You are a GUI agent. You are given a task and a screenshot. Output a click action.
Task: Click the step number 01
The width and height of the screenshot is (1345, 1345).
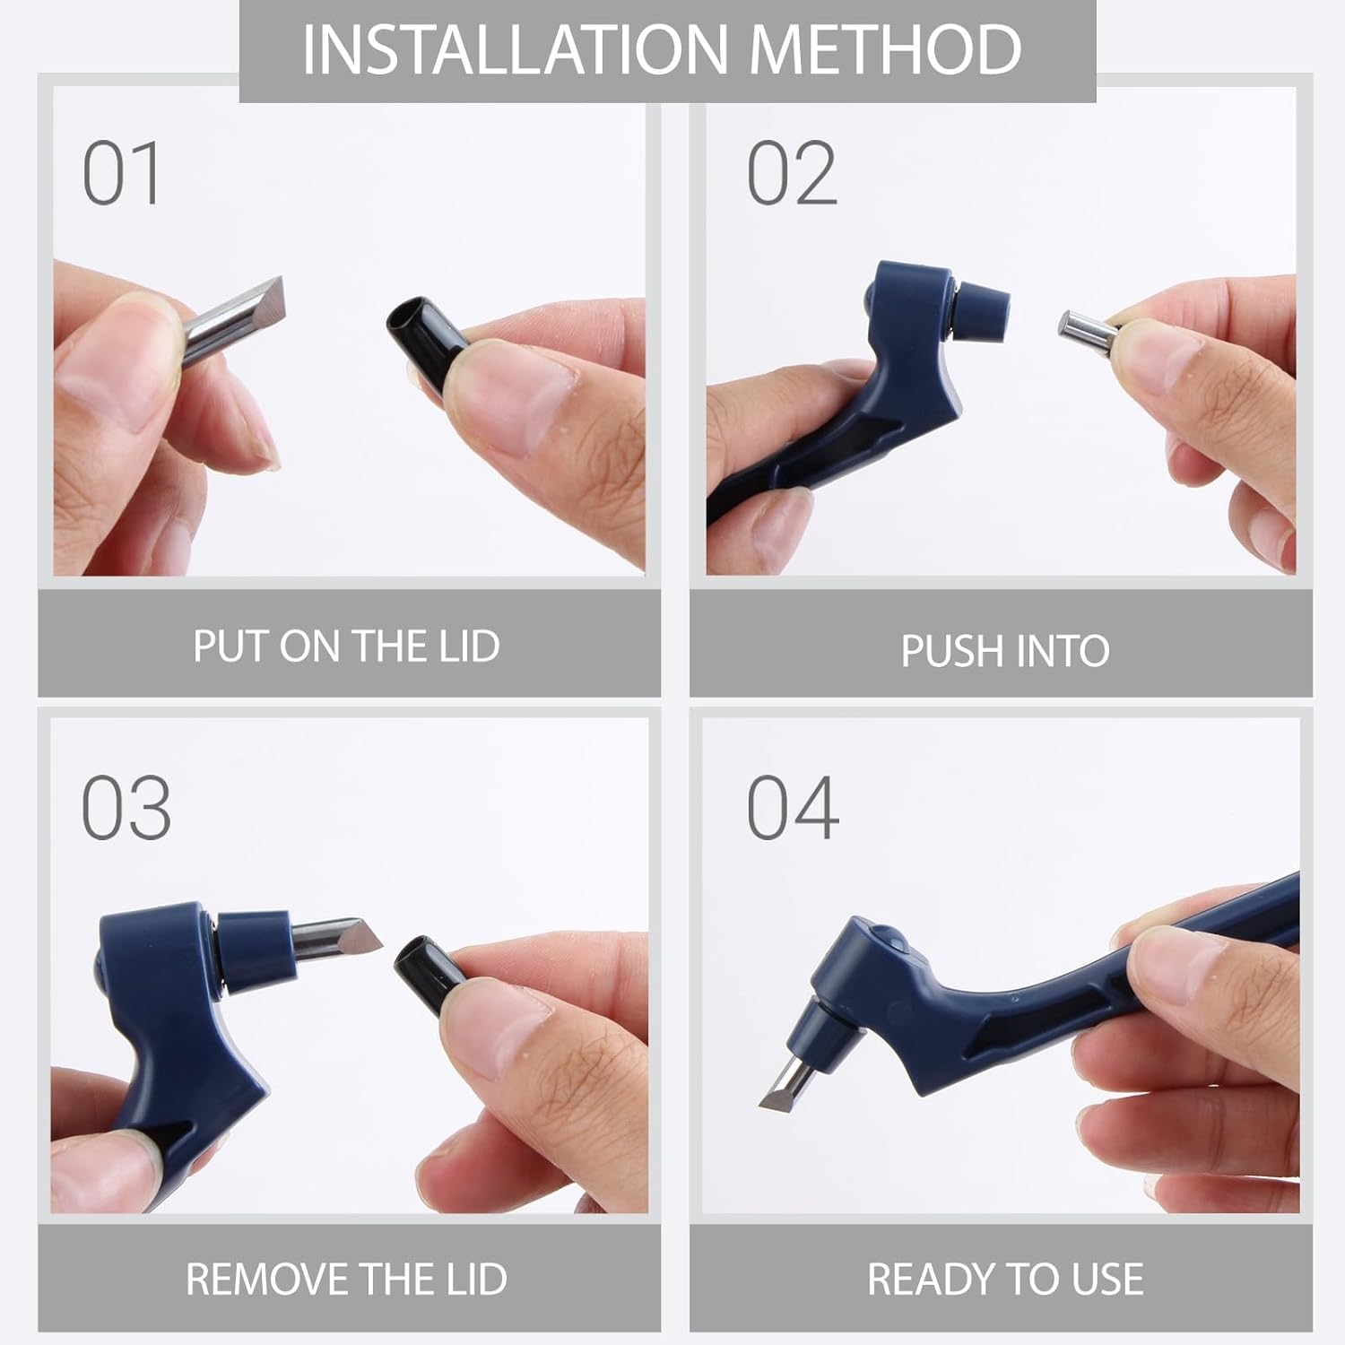pyautogui.click(x=122, y=173)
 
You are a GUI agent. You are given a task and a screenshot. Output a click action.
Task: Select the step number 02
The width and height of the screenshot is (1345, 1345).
pyautogui.click(x=792, y=173)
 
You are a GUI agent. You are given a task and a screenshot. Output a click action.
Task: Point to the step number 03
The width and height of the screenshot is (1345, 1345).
pyautogui.click(x=126, y=808)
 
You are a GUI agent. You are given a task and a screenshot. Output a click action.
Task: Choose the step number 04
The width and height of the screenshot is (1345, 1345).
pyautogui.click(x=793, y=808)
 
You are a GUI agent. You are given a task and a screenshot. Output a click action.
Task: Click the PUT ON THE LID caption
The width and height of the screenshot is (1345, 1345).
pyautogui.click(x=347, y=646)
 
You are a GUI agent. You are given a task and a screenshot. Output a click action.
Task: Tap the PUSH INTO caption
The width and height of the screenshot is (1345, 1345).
pyautogui.click(x=1005, y=651)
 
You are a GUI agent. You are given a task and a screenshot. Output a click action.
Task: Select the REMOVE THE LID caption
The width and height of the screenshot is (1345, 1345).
pyautogui.click(x=346, y=1279)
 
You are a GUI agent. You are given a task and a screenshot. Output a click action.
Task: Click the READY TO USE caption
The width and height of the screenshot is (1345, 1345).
pyautogui.click(x=1005, y=1279)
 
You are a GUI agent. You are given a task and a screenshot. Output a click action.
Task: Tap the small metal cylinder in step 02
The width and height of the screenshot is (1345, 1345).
pyautogui.click(x=1089, y=331)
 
